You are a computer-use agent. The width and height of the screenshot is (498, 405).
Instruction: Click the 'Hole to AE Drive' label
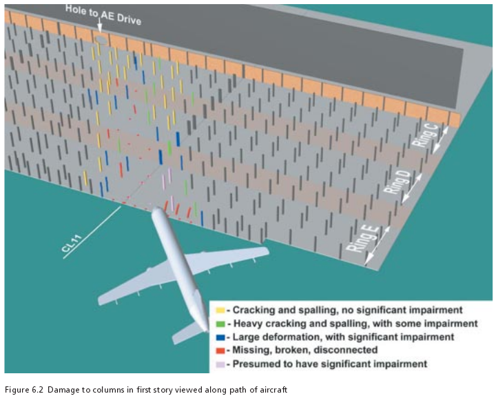coord(103,14)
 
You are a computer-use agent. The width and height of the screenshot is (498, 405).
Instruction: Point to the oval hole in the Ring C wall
coord(101,39)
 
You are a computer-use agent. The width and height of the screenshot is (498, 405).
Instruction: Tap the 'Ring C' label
coord(425,136)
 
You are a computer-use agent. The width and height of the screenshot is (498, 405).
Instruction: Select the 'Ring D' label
coord(397,181)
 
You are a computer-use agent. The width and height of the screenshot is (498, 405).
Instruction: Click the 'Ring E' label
coord(362,239)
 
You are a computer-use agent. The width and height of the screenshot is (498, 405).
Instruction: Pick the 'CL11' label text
coord(72,244)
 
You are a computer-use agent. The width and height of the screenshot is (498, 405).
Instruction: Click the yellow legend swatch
coord(220,310)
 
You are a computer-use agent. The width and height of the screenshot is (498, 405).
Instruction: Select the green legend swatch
coord(220,324)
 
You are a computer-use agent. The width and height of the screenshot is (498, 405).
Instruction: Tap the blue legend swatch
coord(220,337)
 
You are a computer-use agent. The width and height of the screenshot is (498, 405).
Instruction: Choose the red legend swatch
coord(220,350)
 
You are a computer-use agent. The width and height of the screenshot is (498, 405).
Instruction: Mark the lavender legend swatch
coord(220,364)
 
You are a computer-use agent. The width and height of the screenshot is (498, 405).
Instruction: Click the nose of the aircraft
coord(156,210)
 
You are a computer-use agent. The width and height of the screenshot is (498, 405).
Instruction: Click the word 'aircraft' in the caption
coord(276,390)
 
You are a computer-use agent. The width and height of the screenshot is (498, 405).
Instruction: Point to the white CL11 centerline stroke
coord(92,233)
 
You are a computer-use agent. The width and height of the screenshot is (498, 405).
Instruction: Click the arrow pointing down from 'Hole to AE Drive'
coord(99,26)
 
